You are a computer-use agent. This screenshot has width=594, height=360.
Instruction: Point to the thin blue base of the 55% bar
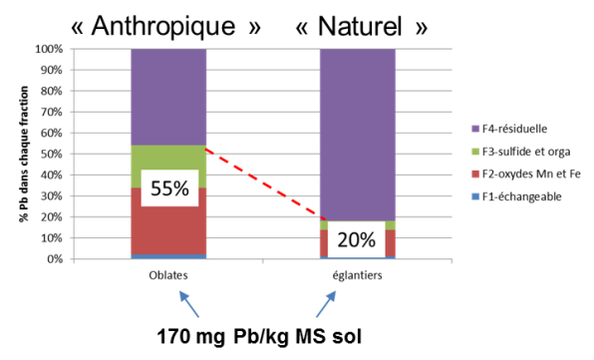(167, 256)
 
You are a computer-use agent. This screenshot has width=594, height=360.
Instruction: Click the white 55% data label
(169, 188)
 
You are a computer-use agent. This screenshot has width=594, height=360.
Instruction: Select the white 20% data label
(356, 240)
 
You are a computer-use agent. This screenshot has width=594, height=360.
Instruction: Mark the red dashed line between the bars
(264, 183)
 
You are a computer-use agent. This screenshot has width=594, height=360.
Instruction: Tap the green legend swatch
(475, 152)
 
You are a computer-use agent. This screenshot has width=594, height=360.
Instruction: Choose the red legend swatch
(475, 175)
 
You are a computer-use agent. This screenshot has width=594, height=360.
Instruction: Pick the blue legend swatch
(475, 196)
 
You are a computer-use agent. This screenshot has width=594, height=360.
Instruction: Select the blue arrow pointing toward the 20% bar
(326, 303)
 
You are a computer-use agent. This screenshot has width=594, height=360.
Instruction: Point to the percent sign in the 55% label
(180, 188)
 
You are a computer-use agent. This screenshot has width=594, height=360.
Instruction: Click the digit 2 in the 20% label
(343, 240)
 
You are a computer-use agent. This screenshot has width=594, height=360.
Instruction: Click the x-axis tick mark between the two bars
(262, 261)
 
